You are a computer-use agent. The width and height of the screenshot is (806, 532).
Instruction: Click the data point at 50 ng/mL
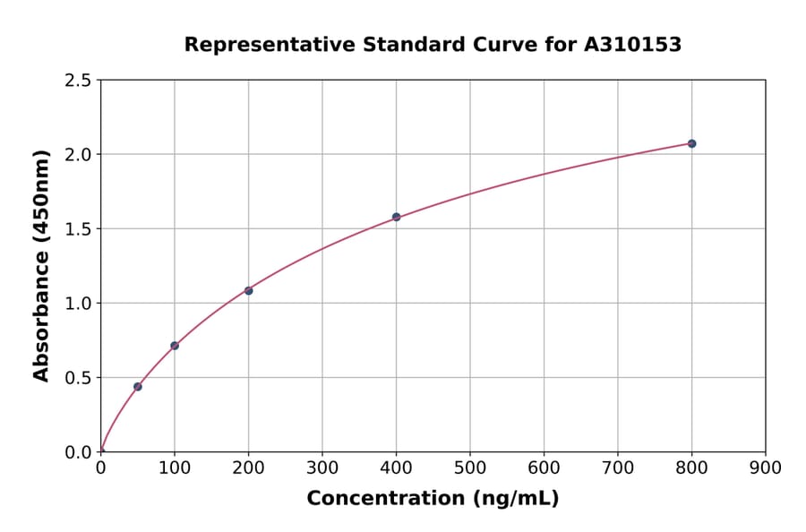(x=138, y=387)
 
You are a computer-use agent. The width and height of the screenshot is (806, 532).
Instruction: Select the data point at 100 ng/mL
(x=175, y=346)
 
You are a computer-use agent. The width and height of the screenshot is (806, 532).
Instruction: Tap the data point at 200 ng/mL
(x=248, y=290)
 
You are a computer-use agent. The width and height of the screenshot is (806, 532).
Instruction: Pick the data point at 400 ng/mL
(x=396, y=217)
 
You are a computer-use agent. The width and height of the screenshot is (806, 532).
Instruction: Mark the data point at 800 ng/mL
(x=691, y=143)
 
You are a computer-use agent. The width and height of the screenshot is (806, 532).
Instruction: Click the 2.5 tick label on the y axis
(x=79, y=81)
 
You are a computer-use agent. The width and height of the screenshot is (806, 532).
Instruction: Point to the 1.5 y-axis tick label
(x=79, y=229)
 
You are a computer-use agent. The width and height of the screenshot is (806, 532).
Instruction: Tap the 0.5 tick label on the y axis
(x=79, y=378)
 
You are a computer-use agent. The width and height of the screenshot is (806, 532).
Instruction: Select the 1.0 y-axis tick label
(x=79, y=304)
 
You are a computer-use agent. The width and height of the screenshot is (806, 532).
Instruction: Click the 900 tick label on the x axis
(x=766, y=468)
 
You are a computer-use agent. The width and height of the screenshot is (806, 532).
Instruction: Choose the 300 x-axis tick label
(x=322, y=468)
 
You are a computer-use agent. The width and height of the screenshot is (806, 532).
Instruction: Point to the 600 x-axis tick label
(x=544, y=468)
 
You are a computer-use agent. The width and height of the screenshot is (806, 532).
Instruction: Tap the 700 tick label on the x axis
(x=618, y=468)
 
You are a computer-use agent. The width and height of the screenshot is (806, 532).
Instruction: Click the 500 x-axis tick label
(x=470, y=468)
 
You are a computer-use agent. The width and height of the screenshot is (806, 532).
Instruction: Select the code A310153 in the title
(x=633, y=44)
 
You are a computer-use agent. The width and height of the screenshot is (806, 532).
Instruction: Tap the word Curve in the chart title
(x=484, y=44)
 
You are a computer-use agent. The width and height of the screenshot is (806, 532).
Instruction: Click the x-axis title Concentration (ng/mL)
(x=433, y=499)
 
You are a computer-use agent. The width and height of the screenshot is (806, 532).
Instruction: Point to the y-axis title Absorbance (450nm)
(x=41, y=266)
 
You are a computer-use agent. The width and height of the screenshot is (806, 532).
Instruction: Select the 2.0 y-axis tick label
(x=79, y=155)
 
